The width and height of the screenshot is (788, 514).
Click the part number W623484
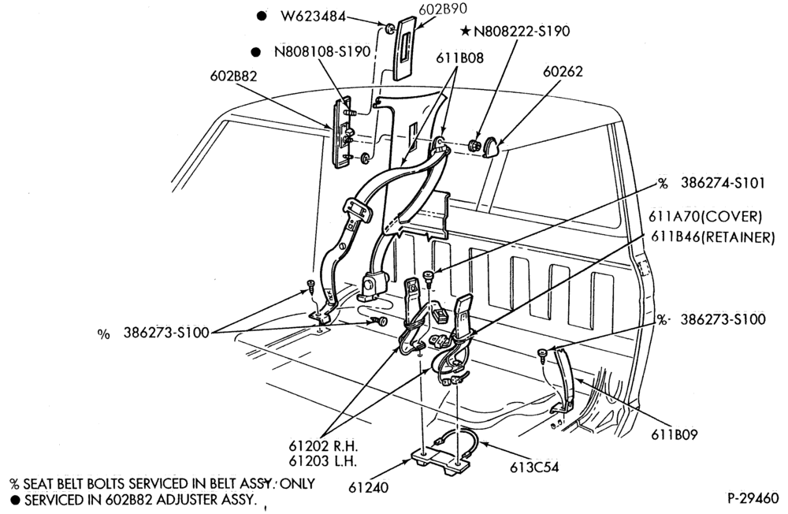click(313, 17)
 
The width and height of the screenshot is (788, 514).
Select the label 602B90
click(442, 9)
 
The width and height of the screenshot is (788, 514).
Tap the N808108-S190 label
click(322, 51)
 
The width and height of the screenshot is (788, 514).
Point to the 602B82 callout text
click(233, 76)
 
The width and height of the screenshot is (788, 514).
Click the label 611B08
click(459, 58)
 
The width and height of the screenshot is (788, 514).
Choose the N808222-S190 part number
click(522, 32)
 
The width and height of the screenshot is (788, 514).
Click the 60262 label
click(563, 72)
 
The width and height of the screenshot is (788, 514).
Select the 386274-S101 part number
click(723, 183)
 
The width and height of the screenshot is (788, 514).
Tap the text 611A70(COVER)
click(705, 216)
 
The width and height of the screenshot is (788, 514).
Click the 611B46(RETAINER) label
click(712, 237)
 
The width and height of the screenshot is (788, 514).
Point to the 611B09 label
click(675, 434)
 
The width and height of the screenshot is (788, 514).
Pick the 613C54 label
click(534, 467)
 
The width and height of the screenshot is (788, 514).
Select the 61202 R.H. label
click(323, 445)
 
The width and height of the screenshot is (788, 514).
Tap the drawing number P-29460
click(753, 498)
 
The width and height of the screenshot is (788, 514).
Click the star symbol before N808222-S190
click(466, 32)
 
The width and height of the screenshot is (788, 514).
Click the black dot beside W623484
click(262, 16)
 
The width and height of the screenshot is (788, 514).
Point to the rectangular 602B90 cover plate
click(407, 48)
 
